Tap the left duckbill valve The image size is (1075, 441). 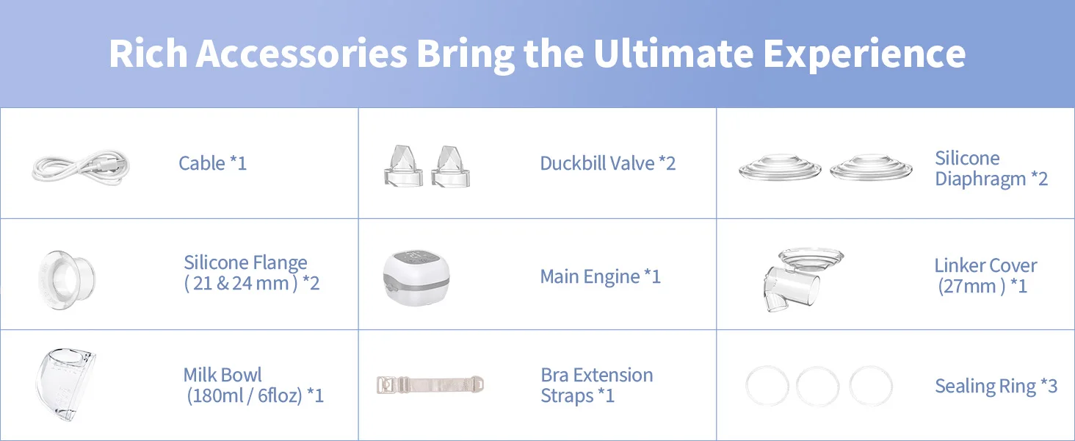click(403, 165)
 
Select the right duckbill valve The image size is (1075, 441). click(450, 165)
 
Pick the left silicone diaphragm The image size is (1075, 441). click(780, 168)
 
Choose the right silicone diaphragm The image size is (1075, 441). click(871, 168)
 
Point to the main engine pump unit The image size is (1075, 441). click(416, 278)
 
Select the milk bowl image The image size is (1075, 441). click(65, 384)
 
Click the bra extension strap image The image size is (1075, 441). click(430, 385)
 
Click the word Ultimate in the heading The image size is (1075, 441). click(673, 54)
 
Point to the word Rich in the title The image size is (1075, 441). click(148, 54)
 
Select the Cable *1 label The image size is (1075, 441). click(213, 163)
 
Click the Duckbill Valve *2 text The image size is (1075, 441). click(607, 163)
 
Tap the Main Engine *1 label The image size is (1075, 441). click(601, 276)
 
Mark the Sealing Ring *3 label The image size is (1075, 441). click(996, 386)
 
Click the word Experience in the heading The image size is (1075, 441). click(864, 54)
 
